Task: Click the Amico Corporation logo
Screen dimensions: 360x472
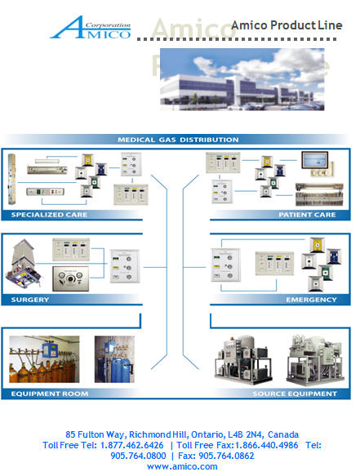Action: (x=91, y=28)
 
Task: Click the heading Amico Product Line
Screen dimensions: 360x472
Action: (x=287, y=25)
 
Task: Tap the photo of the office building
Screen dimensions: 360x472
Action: (x=242, y=79)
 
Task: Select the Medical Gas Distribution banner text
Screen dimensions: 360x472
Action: (x=178, y=140)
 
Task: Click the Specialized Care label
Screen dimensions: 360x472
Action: (x=49, y=215)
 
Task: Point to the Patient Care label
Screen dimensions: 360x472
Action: (x=307, y=215)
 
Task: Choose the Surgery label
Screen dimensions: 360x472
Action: (x=30, y=300)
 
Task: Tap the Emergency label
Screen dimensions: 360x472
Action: (x=311, y=300)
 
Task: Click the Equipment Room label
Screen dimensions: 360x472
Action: (x=50, y=394)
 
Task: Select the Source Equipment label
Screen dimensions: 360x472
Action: (x=295, y=394)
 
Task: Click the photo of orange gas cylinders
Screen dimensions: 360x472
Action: (x=44, y=359)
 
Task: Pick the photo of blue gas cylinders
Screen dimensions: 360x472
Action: (x=114, y=359)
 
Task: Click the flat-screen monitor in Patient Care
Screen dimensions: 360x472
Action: (x=315, y=160)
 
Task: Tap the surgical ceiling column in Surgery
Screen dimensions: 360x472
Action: (x=24, y=263)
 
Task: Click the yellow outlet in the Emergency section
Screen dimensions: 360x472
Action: (x=318, y=245)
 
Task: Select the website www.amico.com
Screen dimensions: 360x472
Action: (x=182, y=466)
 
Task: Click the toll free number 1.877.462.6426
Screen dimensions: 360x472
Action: (x=132, y=445)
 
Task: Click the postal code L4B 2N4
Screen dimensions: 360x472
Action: (x=246, y=434)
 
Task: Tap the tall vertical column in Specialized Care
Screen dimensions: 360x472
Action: (x=11, y=179)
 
